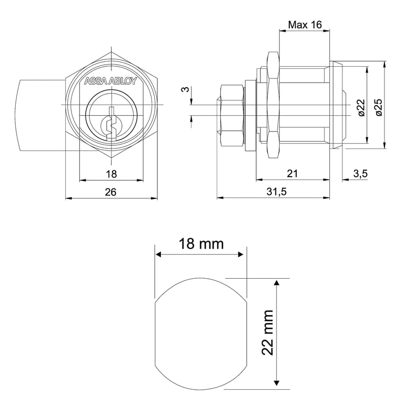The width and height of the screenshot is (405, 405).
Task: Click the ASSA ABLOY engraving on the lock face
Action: (110, 82)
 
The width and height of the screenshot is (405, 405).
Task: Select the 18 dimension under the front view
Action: (111, 174)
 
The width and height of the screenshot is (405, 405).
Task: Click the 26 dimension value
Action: (110, 192)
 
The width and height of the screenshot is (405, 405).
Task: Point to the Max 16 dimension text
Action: (305, 24)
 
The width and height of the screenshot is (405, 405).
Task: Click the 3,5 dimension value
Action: (360, 174)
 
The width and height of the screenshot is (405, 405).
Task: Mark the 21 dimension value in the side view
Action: (293, 174)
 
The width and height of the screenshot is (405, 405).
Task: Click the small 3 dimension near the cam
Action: (185, 90)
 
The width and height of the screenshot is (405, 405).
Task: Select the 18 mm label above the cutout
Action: (200, 244)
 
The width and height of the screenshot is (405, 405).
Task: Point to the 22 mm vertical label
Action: (268, 332)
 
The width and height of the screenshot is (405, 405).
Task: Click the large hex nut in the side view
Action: (274, 105)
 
